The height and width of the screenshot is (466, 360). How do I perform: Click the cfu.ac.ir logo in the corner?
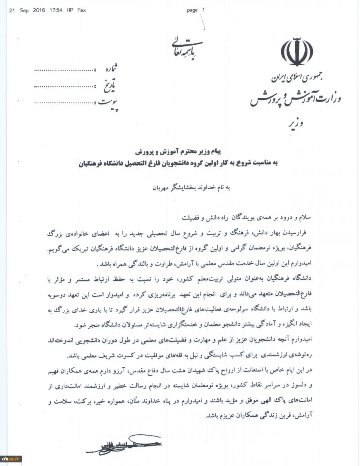(x=11, y=459)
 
